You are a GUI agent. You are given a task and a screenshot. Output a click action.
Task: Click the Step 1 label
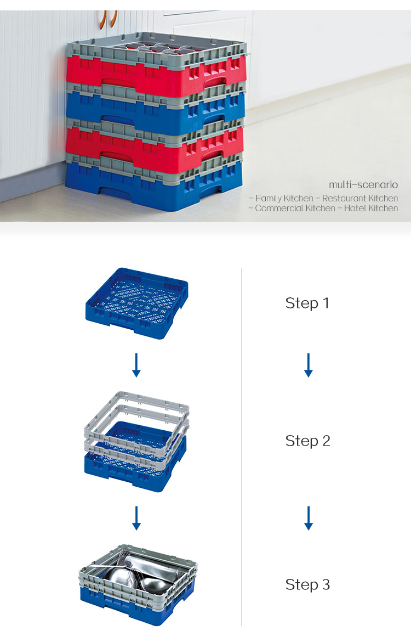307,303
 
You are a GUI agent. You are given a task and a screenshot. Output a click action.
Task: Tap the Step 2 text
307,441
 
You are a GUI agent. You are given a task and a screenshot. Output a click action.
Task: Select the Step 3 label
307,584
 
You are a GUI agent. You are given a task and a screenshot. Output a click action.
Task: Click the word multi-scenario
363,185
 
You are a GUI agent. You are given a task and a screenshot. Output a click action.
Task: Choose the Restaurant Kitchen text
359,198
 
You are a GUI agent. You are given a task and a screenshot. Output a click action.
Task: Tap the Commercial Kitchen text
295,209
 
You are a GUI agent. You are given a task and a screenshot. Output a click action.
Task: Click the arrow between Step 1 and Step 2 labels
309,365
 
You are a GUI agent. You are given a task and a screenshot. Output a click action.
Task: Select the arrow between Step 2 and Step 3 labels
309,518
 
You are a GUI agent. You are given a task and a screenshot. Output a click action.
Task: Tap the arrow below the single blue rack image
136,365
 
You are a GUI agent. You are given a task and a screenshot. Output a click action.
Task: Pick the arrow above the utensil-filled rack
136,518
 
